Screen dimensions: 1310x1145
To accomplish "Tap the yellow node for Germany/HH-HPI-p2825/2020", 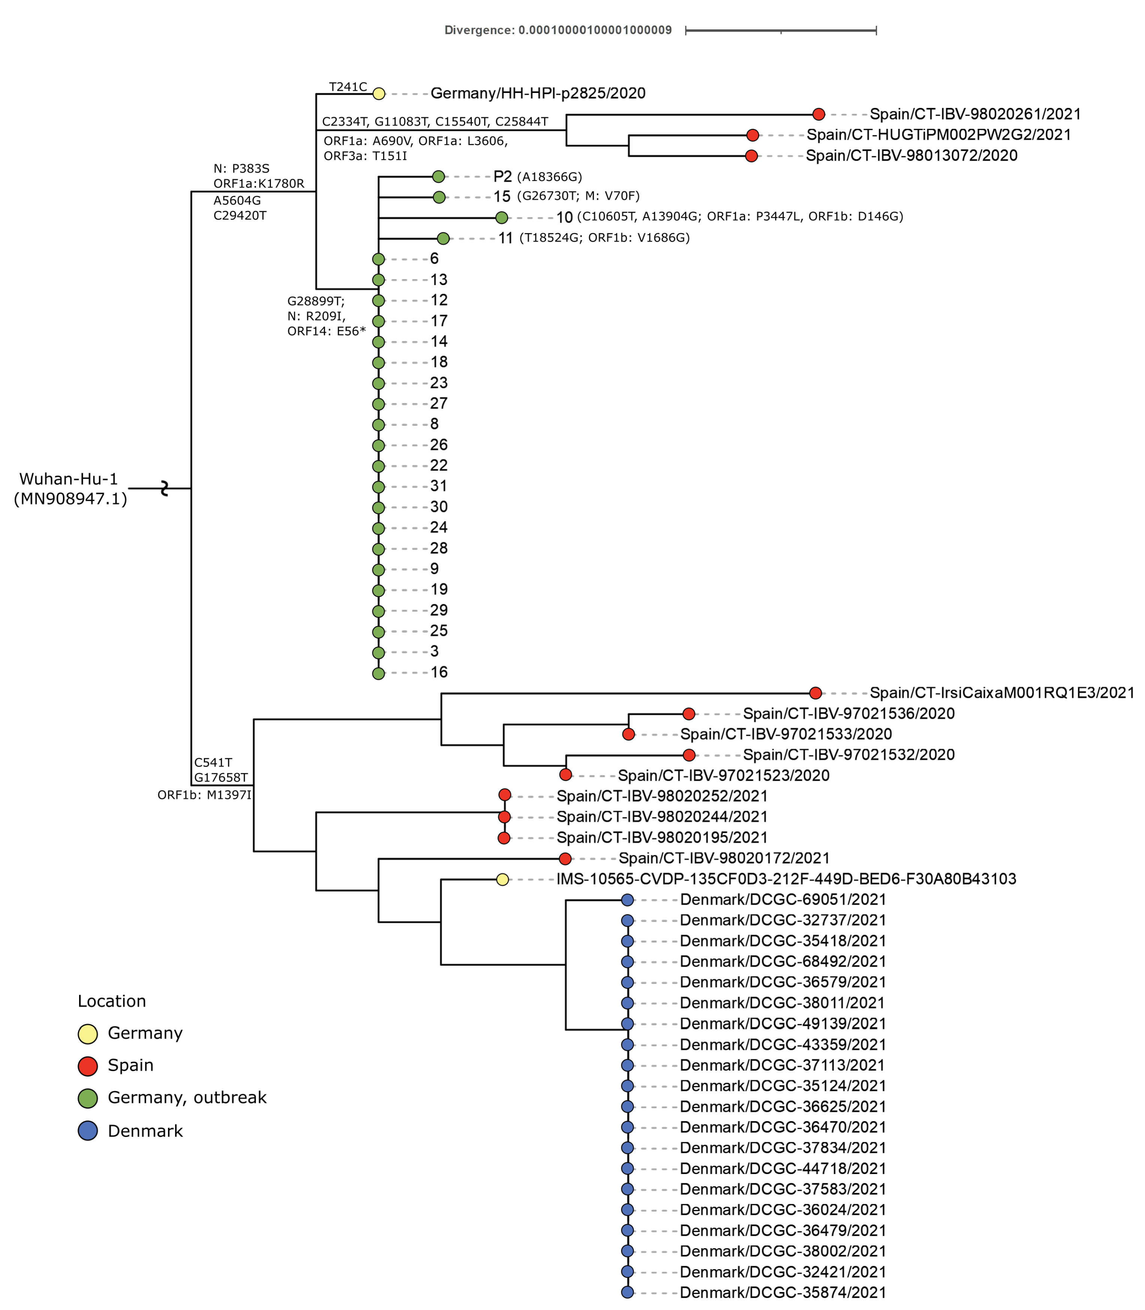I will click(x=379, y=94).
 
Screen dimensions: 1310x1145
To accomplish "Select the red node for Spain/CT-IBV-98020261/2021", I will click(x=819, y=114).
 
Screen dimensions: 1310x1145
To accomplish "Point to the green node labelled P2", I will click(x=438, y=176).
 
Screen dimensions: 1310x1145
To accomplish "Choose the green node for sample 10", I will click(x=501, y=218).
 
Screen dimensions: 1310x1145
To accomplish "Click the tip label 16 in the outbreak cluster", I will click(x=439, y=672).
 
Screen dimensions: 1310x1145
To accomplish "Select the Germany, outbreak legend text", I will click(x=187, y=1097).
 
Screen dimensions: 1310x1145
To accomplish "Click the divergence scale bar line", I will click(x=780, y=30).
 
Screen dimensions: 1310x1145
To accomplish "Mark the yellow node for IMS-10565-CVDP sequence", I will click(x=503, y=880).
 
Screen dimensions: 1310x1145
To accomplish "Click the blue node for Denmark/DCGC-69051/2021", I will click(x=627, y=900).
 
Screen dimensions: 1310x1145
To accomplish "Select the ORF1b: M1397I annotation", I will click(x=205, y=795).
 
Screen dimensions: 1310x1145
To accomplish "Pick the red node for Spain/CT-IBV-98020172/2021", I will click(x=565, y=859).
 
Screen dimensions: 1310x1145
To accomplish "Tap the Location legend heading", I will click(x=112, y=1001).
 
